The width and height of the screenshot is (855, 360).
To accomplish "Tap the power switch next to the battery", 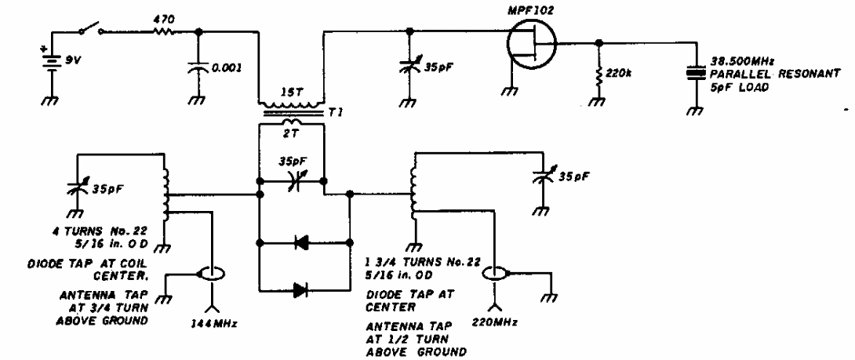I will tap(91, 31).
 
